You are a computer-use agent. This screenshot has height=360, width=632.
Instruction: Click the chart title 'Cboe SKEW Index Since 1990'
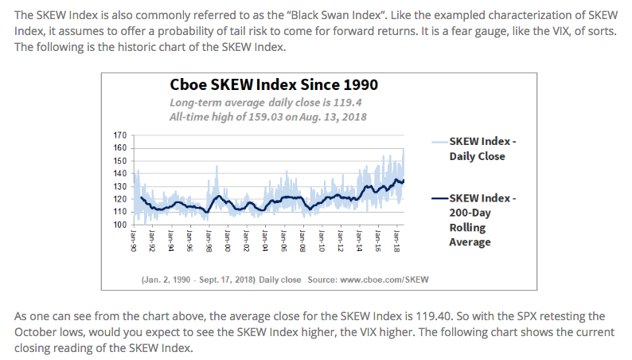pyautogui.click(x=274, y=85)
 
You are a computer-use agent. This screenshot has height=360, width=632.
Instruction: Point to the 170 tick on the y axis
pyautogui.click(x=120, y=135)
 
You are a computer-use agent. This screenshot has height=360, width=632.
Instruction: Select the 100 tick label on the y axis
pyautogui.click(x=120, y=225)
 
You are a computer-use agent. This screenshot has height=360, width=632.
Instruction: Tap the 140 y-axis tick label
pyautogui.click(x=120, y=174)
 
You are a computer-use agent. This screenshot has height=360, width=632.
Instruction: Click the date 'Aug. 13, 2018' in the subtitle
pyautogui.click(x=325, y=117)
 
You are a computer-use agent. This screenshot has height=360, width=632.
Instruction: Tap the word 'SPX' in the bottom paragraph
pyautogui.click(x=486, y=316)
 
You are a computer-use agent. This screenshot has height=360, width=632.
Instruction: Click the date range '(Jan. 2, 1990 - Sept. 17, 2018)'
pyautogui.click(x=197, y=280)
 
